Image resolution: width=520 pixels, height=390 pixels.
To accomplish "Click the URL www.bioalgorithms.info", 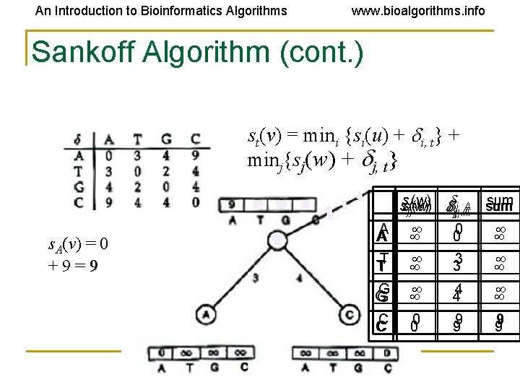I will [x=417, y=11].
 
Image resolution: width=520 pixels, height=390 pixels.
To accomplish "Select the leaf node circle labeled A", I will [x=207, y=315].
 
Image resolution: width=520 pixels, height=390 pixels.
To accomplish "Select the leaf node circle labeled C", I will [x=350, y=315].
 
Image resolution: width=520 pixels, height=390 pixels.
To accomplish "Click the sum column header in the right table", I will [x=499, y=204].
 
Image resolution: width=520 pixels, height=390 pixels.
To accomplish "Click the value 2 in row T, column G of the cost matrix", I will [x=165, y=170].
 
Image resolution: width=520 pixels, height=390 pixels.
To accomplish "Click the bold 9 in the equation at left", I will [x=93, y=265].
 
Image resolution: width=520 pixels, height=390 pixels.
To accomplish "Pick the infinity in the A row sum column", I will [x=499, y=233].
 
